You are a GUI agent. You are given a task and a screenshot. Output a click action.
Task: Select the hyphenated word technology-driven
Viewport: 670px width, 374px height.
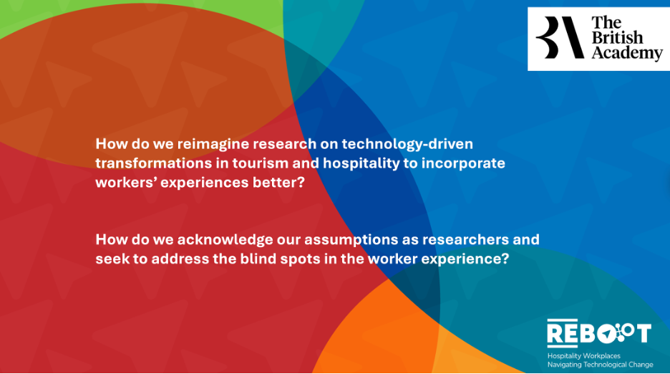(407, 145)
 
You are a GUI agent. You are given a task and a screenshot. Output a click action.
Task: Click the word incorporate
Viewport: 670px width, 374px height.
(463, 164)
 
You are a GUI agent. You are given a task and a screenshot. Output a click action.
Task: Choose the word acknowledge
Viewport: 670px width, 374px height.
(225, 240)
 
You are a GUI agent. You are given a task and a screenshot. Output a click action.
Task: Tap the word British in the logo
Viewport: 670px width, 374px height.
(617, 38)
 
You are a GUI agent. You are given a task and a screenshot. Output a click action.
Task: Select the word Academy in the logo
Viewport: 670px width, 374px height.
(627, 54)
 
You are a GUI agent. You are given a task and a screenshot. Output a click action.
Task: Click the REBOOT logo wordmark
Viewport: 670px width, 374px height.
(599, 333)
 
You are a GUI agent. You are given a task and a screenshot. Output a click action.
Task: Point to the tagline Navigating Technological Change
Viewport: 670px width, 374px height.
(600, 365)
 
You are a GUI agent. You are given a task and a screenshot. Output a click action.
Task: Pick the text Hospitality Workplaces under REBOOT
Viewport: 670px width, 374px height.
(583, 355)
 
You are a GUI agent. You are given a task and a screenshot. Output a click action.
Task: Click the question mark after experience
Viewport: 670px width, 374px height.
(505, 259)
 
